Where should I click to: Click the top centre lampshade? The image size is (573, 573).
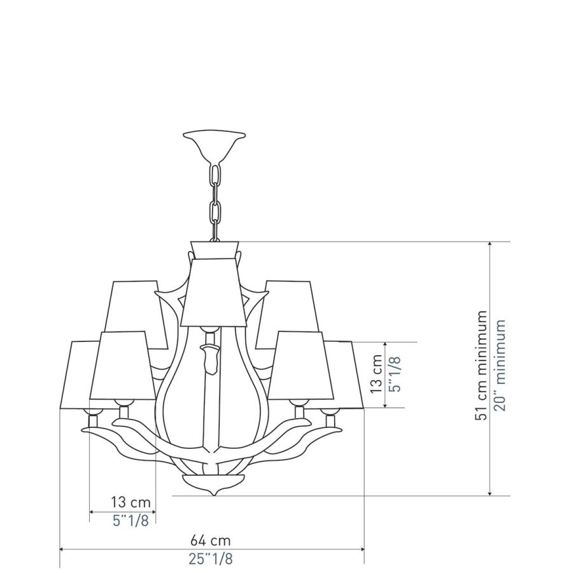pos(214,292)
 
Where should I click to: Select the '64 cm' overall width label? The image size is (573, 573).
pos(211,540)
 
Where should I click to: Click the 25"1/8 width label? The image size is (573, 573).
pos(211,559)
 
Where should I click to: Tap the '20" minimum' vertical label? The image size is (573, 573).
pos(499,365)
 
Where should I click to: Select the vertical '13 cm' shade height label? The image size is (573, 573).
pos(376,374)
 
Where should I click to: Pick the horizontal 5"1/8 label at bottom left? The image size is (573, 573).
pos(131,521)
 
